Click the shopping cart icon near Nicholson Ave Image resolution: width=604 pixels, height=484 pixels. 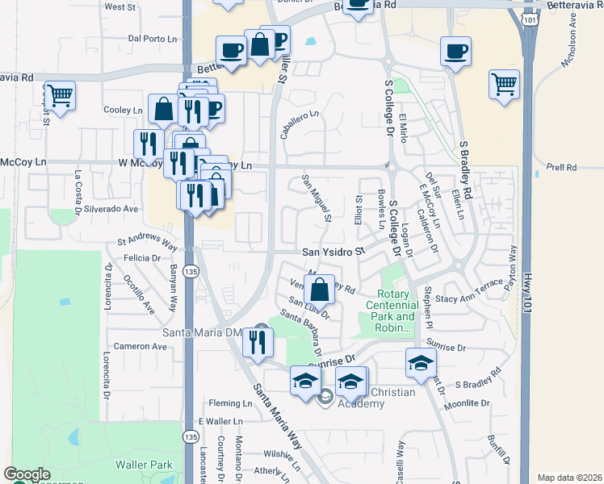coord(504,84)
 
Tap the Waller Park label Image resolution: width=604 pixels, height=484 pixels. coord(144,465)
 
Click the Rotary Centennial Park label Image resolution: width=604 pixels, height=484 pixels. coord(392,311)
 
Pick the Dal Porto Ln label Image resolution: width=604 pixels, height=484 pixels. coord(153,38)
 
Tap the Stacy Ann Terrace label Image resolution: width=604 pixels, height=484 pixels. coord(469,298)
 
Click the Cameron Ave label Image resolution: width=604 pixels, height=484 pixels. coord(139,346)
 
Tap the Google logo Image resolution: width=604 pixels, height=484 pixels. coord(27,475)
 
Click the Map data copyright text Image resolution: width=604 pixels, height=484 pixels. coord(568,478)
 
